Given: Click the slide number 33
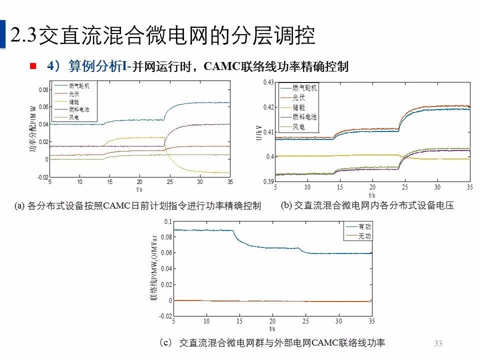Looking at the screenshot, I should [x=438, y=343].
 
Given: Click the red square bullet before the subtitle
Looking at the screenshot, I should [x=33, y=65].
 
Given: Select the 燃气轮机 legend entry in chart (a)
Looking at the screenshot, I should [x=79, y=86].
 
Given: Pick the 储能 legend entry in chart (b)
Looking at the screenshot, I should [x=298, y=107].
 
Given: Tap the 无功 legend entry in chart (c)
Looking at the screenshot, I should [x=365, y=236].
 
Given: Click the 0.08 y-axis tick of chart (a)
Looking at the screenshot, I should [x=43, y=90].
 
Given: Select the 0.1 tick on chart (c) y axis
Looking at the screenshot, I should [x=168, y=221].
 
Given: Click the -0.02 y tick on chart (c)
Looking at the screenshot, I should [x=165, y=316].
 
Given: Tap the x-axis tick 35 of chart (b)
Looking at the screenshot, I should [x=469, y=187].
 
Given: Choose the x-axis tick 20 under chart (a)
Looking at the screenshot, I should [x=139, y=182].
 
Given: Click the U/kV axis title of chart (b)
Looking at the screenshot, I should [x=258, y=131].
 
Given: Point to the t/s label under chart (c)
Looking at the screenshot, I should [x=272, y=328].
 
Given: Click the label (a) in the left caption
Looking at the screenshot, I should [x=19, y=206].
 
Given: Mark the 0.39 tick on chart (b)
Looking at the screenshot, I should [x=268, y=181].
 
